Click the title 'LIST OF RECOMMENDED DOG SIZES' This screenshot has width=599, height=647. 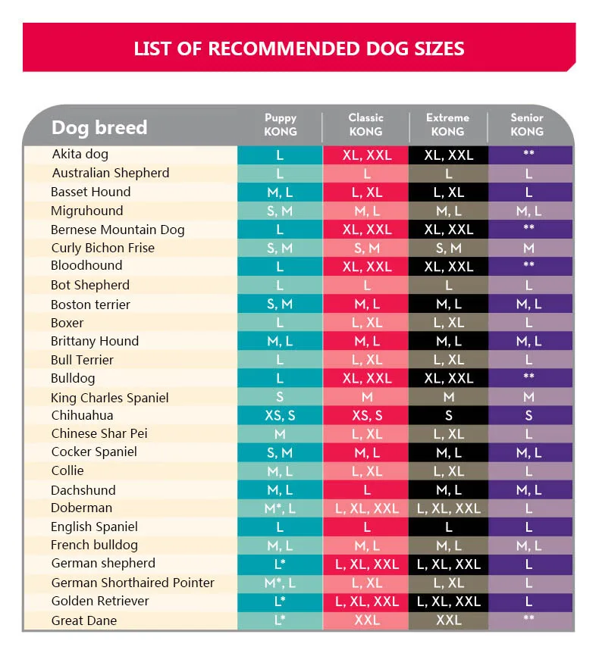coord(299,48)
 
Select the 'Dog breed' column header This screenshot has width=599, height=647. coord(99,127)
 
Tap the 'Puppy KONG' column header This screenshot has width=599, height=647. coord(281,124)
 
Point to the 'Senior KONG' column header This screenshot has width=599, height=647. coord(527,124)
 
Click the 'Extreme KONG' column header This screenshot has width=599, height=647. coord(447,124)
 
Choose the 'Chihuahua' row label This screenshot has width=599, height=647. coord(82,415)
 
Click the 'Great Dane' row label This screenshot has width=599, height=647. coord(83,620)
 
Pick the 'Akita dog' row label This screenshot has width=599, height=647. coord(80,155)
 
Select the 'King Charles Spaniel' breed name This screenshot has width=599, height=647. coord(110,398)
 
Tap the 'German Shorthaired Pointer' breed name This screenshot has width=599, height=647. coord(133,583)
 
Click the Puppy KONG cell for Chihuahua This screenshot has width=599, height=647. coord(280,415)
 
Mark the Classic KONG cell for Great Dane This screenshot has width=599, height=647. coord(366,620)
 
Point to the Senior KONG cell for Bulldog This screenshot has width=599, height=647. coord(529,378)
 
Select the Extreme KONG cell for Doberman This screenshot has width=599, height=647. coord(449,508)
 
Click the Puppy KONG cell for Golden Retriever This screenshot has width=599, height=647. coord(280,602)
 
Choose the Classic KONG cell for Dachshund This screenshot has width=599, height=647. coord(366,490)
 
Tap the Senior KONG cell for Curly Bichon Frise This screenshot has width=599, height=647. coord(529,248)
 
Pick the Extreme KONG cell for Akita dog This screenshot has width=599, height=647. coord(449,155)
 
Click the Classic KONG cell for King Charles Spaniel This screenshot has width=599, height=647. coord(366,398)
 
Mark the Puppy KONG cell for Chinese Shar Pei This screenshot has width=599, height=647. coord(280,434)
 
